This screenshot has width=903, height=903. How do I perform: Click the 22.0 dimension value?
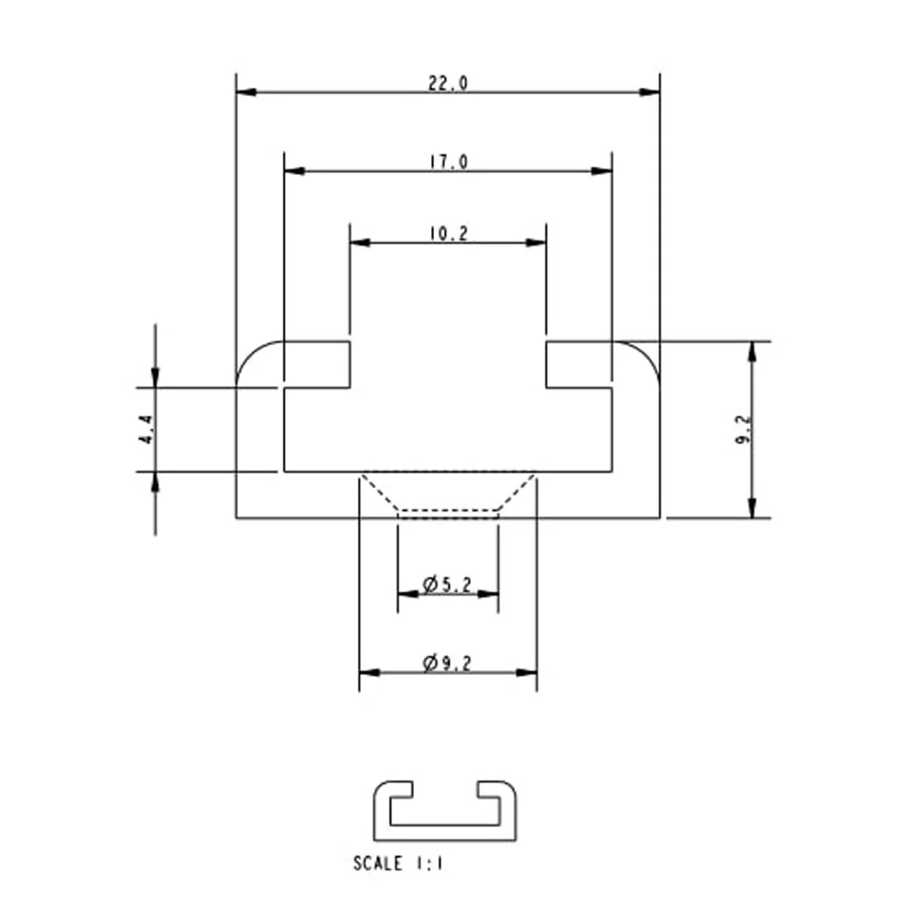[x=447, y=84]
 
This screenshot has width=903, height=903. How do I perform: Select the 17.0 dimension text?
[x=449, y=162]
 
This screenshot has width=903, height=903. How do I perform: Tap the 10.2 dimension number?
[x=449, y=234]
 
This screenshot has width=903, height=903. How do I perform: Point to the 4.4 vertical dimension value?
[x=146, y=429]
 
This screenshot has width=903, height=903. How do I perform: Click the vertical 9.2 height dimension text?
[x=743, y=429]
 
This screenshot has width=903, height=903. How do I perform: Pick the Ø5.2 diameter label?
[x=447, y=585]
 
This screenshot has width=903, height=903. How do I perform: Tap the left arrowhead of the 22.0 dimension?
[x=246, y=92]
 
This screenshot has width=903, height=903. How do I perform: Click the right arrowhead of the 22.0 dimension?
[x=650, y=92]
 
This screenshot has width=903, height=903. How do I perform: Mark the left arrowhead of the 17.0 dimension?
[x=295, y=171]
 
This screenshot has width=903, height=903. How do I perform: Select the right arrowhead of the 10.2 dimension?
[x=535, y=242]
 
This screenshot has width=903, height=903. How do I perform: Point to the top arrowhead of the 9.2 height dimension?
[x=752, y=352]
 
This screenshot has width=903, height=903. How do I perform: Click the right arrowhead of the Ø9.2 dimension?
[x=526, y=672]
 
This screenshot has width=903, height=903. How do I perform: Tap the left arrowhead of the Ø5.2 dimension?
[x=408, y=594]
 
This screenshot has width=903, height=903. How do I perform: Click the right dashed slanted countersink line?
[x=516, y=492]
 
